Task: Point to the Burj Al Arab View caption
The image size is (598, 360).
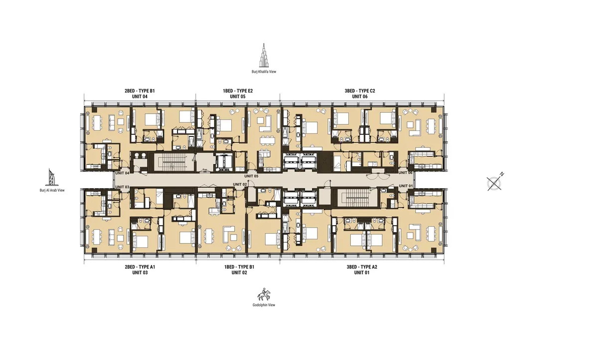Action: tap(52, 190)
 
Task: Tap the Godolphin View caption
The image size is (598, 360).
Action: tap(264, 305)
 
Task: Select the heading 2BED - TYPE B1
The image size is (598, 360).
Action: tap(140, 91)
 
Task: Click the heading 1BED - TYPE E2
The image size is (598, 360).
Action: tap(238, 91)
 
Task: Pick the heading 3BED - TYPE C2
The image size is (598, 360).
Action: tap(360, 91)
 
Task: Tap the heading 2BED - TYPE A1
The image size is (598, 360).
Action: tap(140, 267)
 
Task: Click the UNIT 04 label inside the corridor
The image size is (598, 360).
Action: tap(123, 173)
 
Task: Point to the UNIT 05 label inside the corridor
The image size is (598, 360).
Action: tap(251, 176)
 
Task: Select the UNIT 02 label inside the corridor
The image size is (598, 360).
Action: tap(240, 185)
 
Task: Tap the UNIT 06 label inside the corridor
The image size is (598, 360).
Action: tap(406, 173)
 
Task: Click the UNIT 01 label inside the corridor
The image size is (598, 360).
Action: tap(406, 186)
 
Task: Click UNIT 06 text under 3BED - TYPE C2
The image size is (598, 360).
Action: tap(360, 97)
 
